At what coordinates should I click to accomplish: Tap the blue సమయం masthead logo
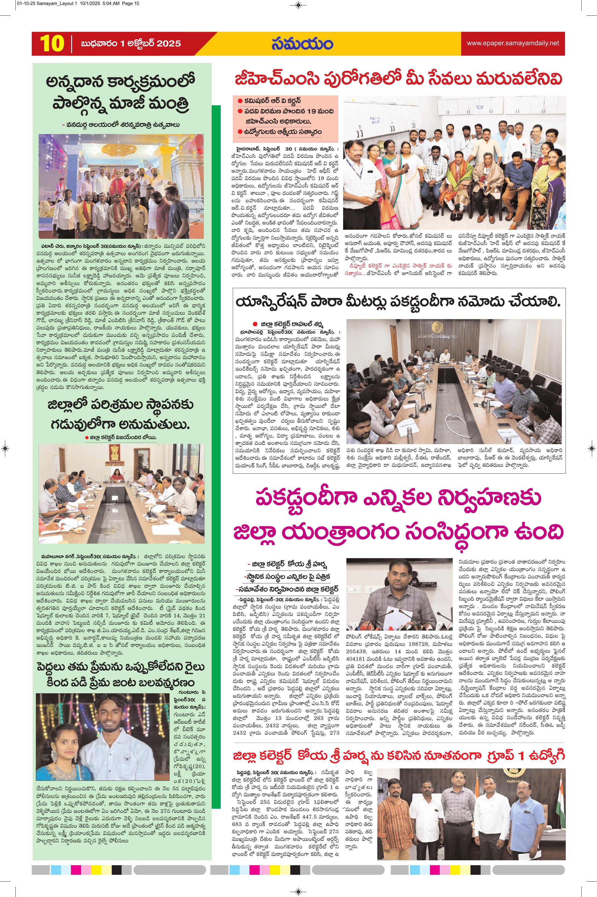(302, 43)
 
